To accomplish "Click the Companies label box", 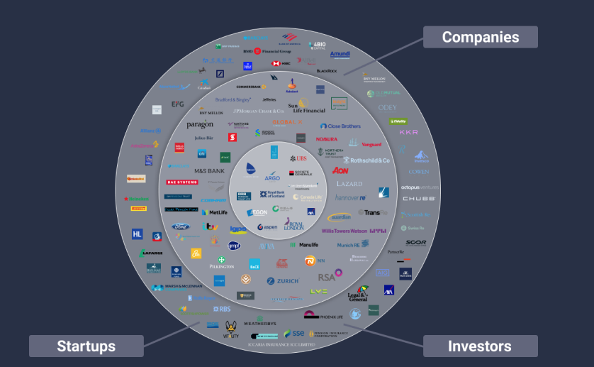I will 480,37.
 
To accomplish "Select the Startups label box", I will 86,346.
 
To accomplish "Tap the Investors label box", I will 479,346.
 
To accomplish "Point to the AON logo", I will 340,171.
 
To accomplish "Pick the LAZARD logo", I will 349,184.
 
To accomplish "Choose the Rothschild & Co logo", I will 365,160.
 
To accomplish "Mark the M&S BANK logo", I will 209,171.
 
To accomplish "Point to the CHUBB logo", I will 419,199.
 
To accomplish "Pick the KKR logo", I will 409,132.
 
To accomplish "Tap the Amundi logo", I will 340,54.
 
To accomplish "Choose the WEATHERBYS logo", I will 259,323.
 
